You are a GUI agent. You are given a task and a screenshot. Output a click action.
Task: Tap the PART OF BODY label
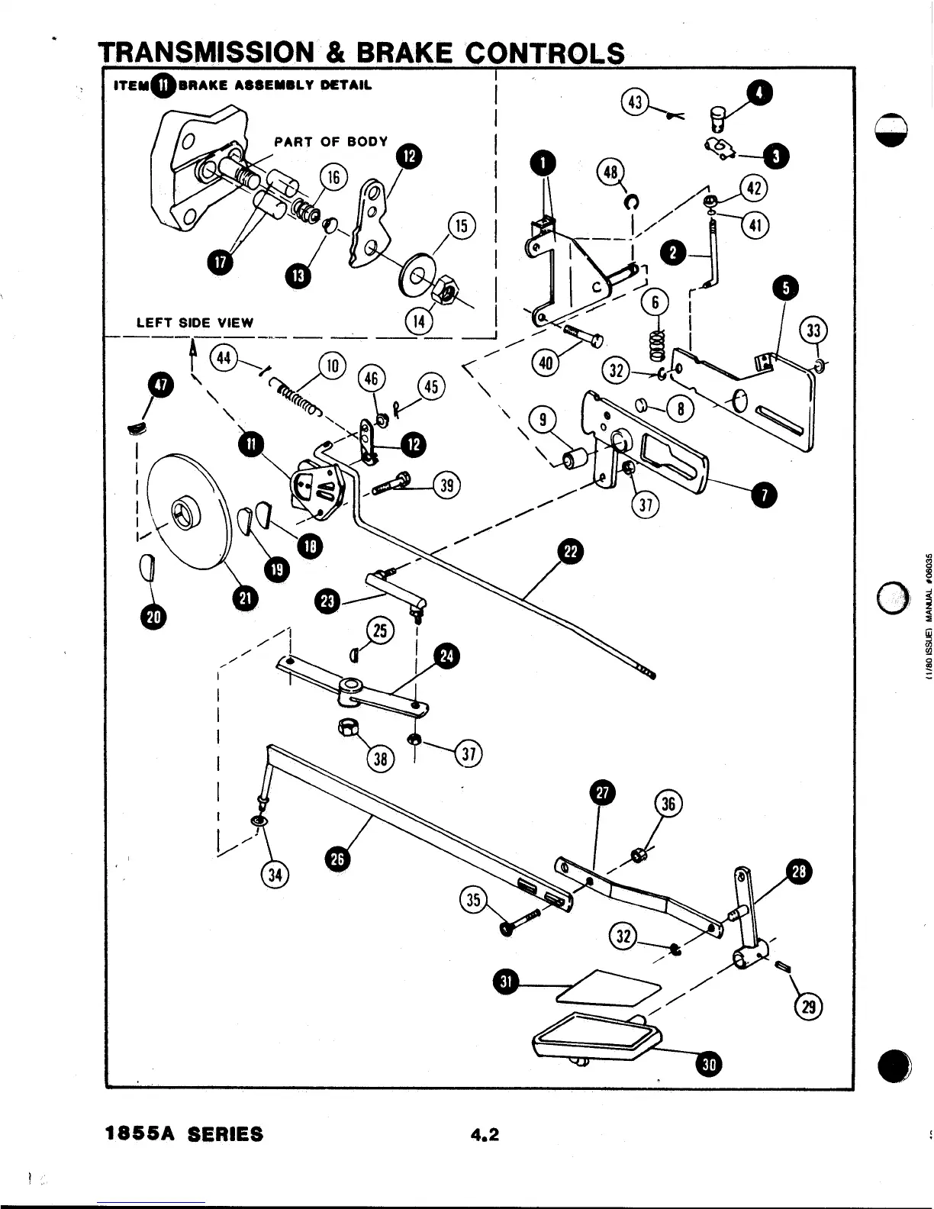point(331,141)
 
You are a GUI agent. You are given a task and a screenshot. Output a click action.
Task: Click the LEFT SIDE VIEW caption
point(195,322)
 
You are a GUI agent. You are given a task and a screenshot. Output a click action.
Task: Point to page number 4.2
point(485,1134)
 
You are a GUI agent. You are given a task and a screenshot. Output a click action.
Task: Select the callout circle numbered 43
point(635,102)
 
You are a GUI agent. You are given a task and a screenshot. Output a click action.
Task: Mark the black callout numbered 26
point(337,859)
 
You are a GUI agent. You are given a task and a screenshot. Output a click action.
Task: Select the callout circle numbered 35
point(473,899)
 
